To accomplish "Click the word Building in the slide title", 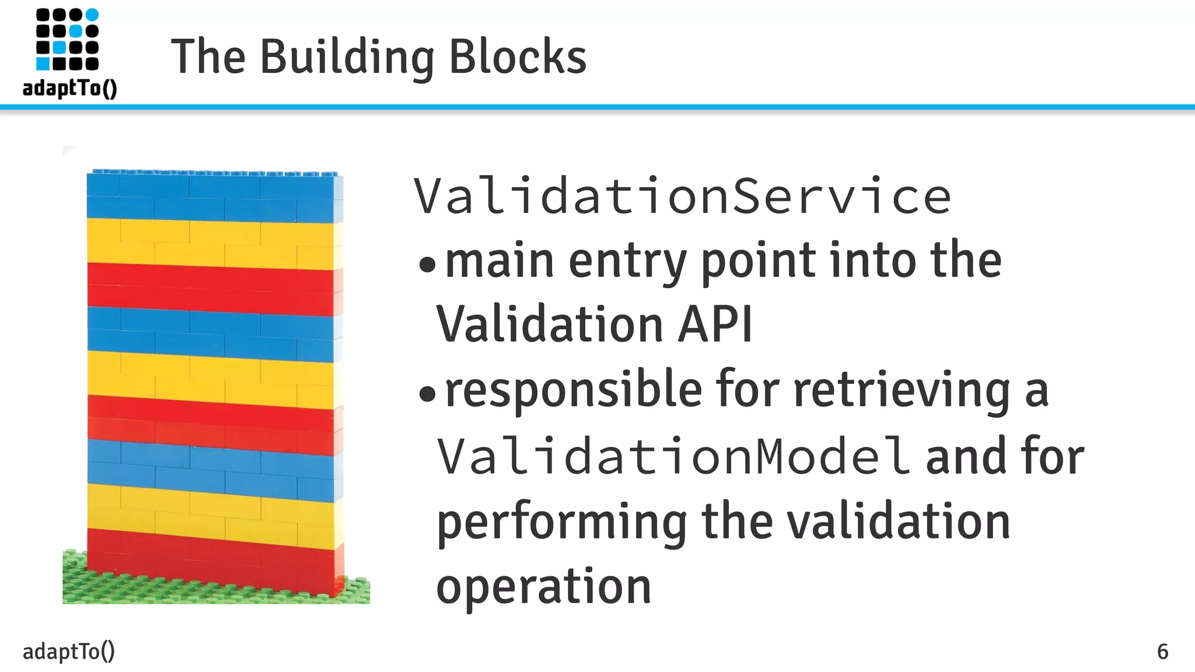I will pos(347,57).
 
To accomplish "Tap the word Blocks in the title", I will pos(518,57).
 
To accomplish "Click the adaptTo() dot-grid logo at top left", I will pos(67,40).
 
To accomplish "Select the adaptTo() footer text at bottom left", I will pos(68,651).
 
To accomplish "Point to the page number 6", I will pos(1162,652).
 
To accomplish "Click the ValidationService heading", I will pos(682,197).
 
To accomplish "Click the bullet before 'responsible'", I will pos(427,394).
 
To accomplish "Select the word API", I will pos(715,324).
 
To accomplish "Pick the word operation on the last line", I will pos(543,586).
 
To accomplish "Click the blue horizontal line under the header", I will pos(597,107).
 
